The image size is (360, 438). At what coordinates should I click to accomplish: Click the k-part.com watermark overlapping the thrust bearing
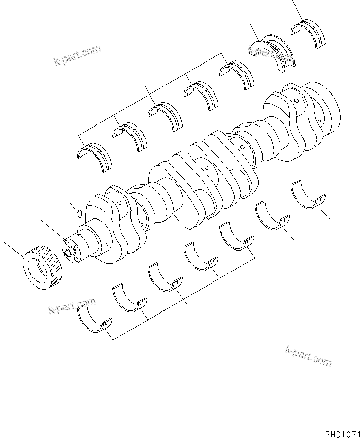pyautogui.click(x=271, y=54)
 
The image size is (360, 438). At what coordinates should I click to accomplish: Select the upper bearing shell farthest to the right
pyautogui.click(x=309, y=33)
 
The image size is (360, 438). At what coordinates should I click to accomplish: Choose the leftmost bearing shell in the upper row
pyautogui.click(x=94, y=155)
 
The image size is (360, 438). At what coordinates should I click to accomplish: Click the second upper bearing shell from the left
pyautogui.click(x=130, y=134)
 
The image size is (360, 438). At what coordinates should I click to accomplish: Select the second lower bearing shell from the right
pyautogui.click(x=273, y=215)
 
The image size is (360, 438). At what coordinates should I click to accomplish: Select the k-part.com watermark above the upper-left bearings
pyautogui.click(x=77, y=55)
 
